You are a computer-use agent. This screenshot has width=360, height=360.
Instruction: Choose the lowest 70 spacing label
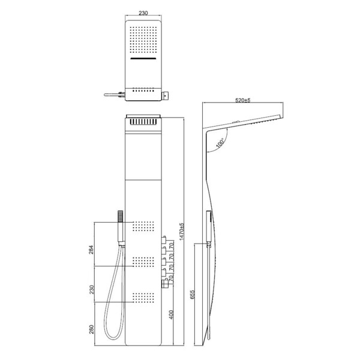[x=172, y=279]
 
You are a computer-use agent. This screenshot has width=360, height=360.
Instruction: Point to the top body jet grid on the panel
[x=143, y=227]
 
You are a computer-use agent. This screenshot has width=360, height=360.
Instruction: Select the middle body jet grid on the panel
[x=143, y=262]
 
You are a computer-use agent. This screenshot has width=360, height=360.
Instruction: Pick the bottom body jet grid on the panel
[x=143, y=297]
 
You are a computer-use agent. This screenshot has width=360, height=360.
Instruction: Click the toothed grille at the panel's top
[x=143, y=120]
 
